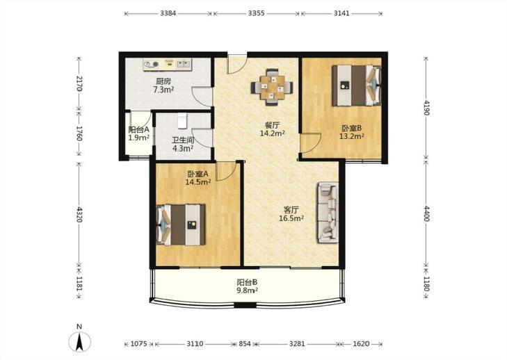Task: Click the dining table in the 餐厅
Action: [x=272, y=88]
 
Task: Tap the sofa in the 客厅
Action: [x=328, y=212]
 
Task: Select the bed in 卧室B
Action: [x=357, y=85]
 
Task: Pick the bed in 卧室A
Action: [x=181, y=224]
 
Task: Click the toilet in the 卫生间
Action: [x=183, y=121]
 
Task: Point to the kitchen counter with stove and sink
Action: [x=168, y=65]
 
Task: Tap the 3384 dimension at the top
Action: [x=168, y=13]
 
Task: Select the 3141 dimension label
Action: [x=341, y=13]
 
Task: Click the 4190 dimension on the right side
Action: [x=426, y=108]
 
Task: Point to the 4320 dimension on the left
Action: [x=79, y=214]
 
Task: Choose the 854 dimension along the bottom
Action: [x=245, y=344]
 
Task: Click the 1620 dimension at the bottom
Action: [x=361, y=344]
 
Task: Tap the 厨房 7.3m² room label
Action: [x=163, y=85]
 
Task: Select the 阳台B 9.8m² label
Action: [x=248, y=286]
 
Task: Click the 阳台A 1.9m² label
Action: [x=138, y=134]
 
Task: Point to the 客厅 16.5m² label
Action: [x=291, y=214]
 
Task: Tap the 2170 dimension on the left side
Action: [x=79, y=83]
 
